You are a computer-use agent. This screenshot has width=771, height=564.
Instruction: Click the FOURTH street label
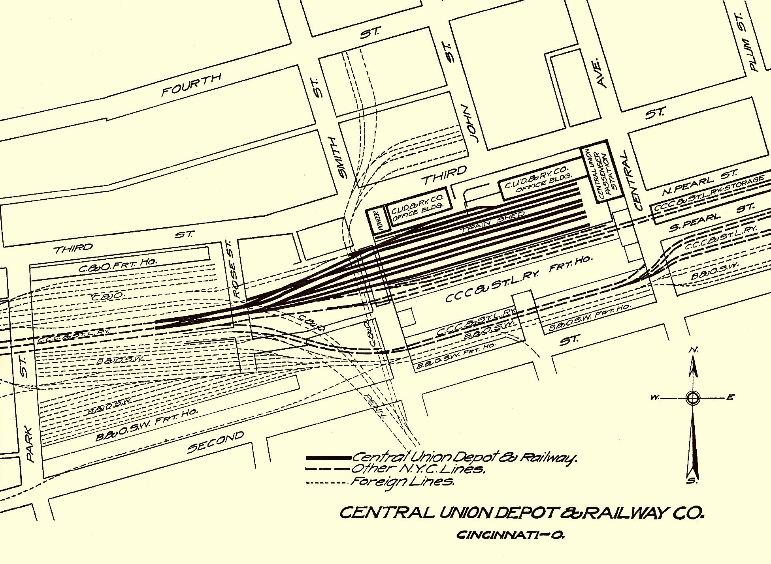[192, 84]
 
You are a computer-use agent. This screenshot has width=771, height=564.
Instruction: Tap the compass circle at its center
[692, 398]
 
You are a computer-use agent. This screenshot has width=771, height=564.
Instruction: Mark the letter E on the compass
[730, 397]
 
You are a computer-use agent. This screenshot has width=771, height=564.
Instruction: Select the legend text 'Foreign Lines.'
[403, 482]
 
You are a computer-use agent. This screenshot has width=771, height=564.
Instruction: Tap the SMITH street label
[342, 157]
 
